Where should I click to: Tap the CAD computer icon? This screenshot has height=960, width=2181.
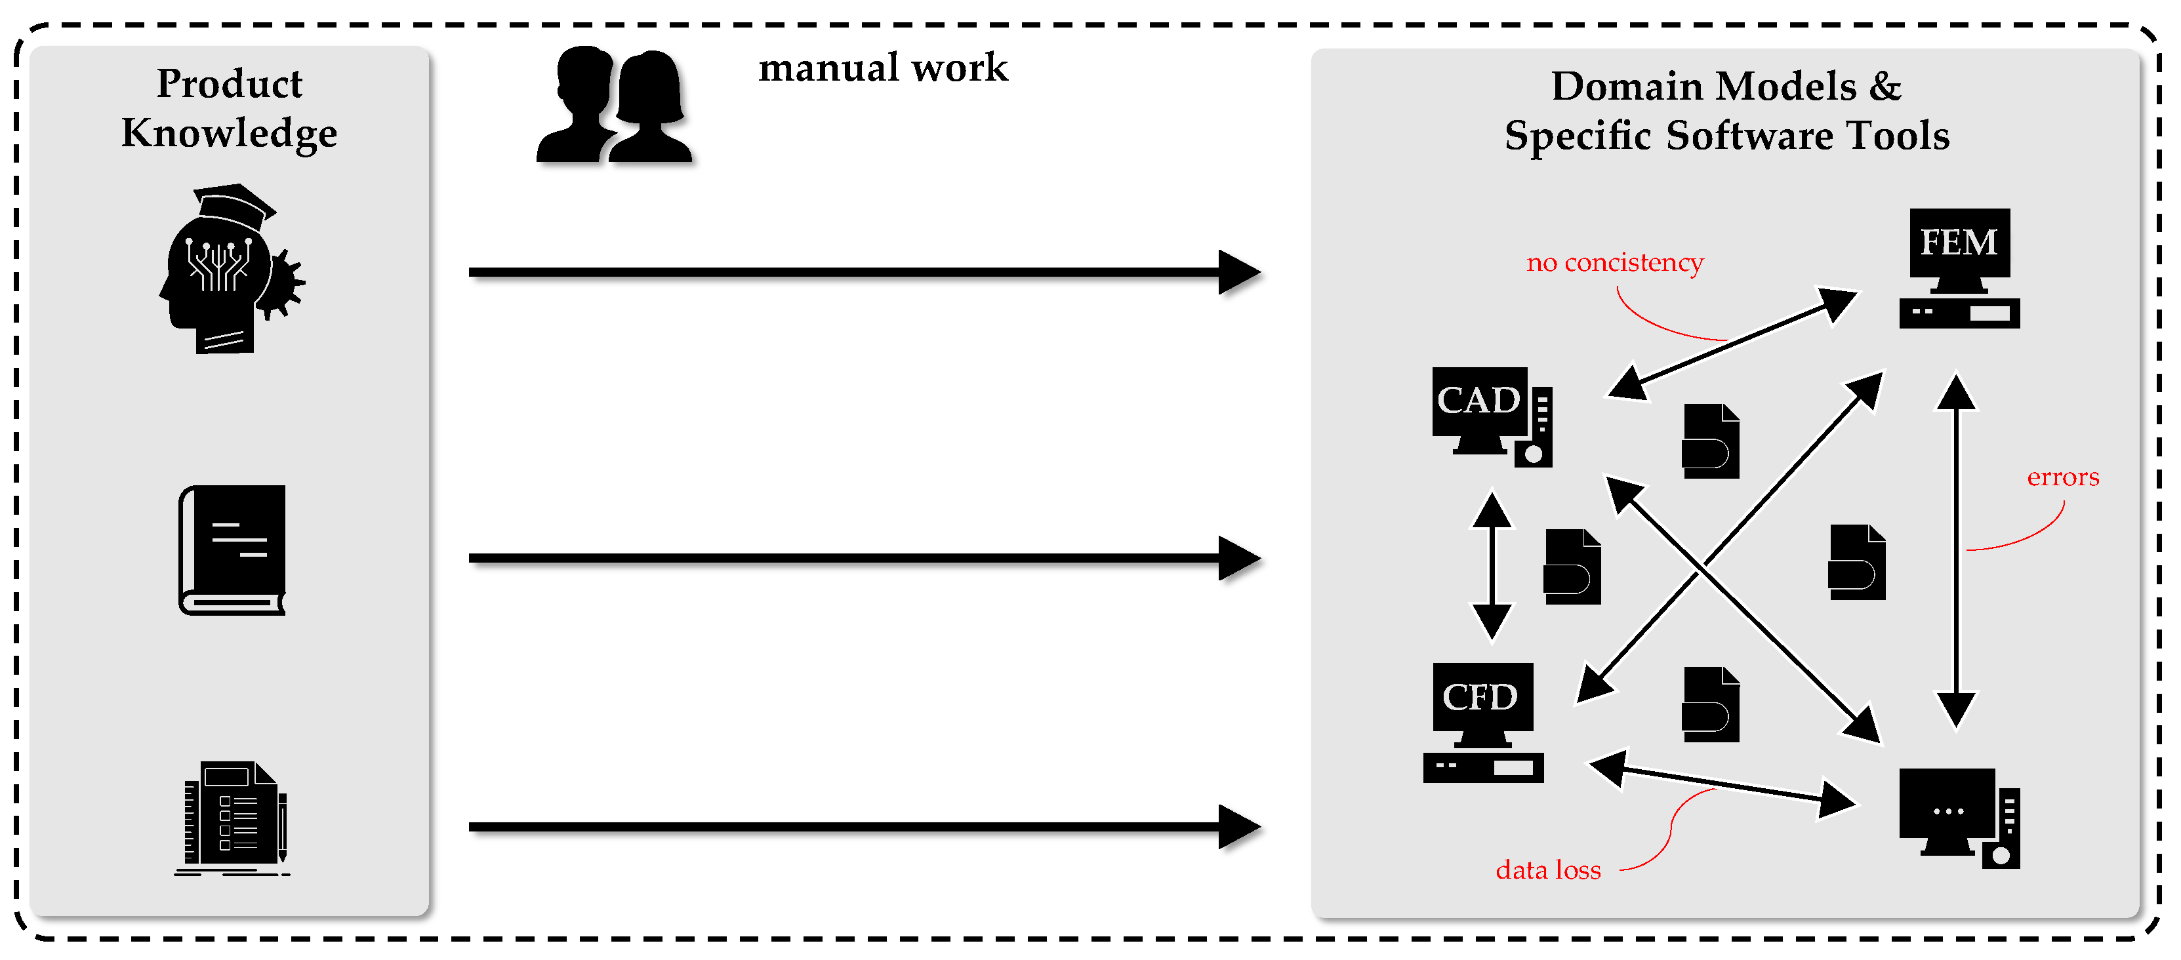point(1492,416)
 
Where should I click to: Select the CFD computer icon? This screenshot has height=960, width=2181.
point(1483,722)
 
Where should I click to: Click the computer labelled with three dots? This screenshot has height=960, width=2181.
point(1959,818)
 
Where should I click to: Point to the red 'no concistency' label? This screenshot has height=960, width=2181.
point(1614,262)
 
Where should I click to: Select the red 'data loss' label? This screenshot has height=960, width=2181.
point(1548,870)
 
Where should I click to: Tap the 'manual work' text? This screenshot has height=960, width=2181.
point(883,68)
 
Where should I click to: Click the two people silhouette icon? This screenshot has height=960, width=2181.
point(615,104)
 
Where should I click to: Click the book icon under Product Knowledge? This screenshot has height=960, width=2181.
point(232,550)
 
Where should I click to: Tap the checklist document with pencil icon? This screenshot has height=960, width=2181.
point(233,818)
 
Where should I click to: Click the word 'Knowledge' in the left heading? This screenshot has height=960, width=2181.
point(229,134)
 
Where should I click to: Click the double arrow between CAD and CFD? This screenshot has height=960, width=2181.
point(1491,565)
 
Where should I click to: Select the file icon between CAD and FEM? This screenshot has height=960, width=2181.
point(1710,441)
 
